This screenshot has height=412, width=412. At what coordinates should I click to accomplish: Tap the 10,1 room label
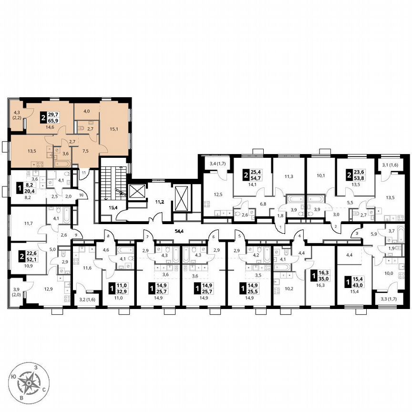click(x=320, y=175)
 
